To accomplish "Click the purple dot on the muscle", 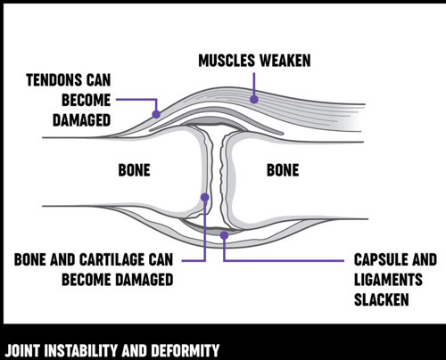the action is pyautogui.click(x=254, y=99).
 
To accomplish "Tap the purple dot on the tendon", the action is pyautogui.click(x=156, y=114).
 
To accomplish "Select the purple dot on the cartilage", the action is pyautogui.click(x=205, y=197).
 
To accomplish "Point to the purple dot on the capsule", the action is pyautogui.click(x=224, y=235).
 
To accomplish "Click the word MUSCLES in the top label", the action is pyautogui.click(x=227, y=61).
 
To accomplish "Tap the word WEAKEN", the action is pyautogui.click(x=285, y=61).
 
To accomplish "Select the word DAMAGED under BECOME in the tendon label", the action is pyautogui.click(x=82, y=120).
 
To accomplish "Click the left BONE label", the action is pyautogui.click(x=134, y=170).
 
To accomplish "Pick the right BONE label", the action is pyautogui.click(x=283, y=170).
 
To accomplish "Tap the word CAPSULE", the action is pyautogui.click(x=375, y=259).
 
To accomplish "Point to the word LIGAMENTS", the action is pyautogui.click(x=388, y=280).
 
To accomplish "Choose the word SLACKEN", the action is pyautogui.click(x=382, y=300).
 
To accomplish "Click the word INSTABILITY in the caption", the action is pyautogui.click(x=81, y=350).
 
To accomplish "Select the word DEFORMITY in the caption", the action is pyautogui.click(x=186, y=350).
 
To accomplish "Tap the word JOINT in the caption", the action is pyautogui.click(x=22, y=350).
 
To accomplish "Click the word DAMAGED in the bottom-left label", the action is pyautogui.click(x=145, y=280).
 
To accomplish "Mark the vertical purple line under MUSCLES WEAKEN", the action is pyautogui.click(x=254, y=85).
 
